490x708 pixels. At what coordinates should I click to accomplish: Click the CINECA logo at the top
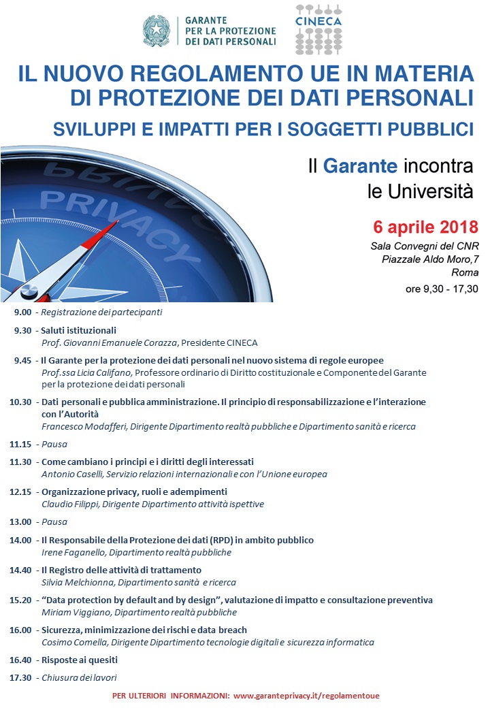pos(318,29)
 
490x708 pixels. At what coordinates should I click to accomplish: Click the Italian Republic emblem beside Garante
pos(156,31)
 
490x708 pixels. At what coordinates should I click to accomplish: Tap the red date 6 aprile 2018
pos(425,226)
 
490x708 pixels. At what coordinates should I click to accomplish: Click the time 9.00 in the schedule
pos(22,312)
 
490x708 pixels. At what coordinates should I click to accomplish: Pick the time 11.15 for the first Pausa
pos(20,443)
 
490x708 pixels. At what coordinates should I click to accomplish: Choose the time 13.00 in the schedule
pos(20,522)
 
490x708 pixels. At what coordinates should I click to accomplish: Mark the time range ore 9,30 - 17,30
pos(442,289)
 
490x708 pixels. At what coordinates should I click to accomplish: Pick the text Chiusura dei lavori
pos(79,678)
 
